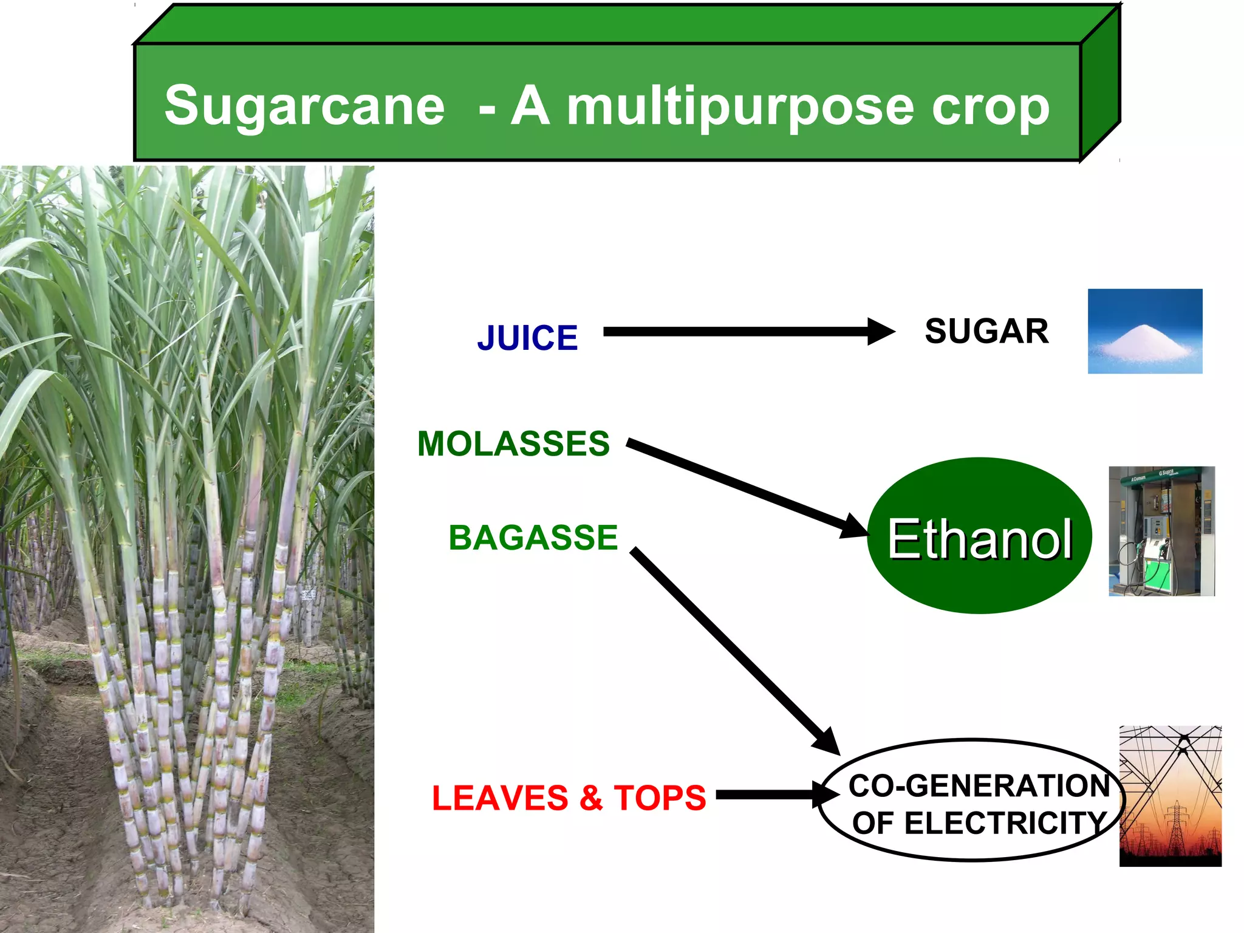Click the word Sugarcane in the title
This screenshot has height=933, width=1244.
[304, 106]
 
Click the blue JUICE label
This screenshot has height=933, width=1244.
[527, 338]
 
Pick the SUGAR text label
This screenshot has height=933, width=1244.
[986, 332]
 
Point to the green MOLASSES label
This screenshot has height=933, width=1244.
[513, 443]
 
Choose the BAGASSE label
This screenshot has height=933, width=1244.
[533, 538]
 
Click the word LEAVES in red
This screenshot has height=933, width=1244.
[500, 798]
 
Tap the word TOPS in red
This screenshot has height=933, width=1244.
[660, 798]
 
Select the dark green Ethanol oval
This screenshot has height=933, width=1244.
[979, 536]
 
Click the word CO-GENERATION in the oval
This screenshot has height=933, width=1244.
[979, 785]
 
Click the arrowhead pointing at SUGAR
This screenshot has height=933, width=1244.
[880, 332]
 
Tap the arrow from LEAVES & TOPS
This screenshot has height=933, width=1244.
[771, 795]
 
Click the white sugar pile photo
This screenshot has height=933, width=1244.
[1144, 331]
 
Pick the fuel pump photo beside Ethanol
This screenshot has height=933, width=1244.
[1161, 531]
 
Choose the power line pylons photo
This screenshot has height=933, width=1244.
[1170, 796]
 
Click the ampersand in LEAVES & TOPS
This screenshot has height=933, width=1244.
[590, 798]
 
